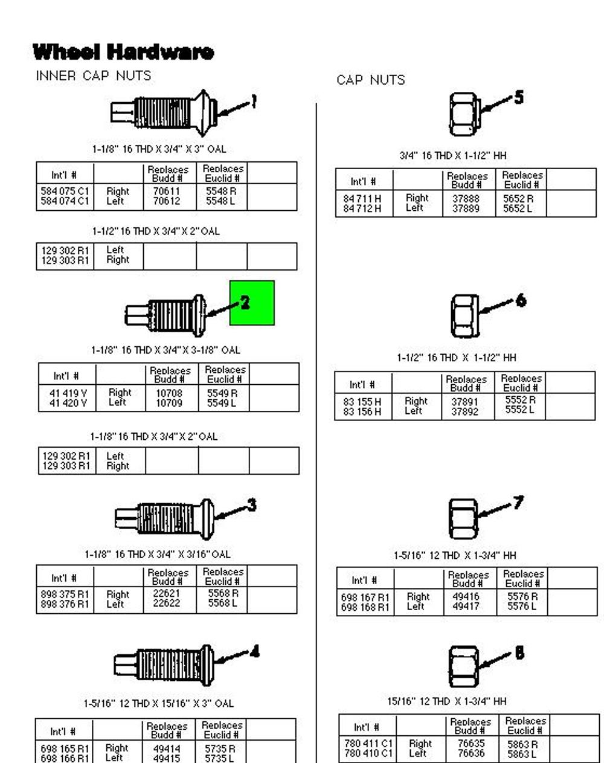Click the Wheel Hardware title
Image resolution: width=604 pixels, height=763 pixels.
(x=123, y=52)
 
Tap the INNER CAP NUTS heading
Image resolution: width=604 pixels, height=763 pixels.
(x=94, y=76)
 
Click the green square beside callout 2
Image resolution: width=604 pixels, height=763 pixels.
(x=252, y=303)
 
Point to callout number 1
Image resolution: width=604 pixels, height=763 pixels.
(x=254, y=102)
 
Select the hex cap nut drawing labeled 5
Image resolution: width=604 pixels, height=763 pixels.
(x=464, y=114)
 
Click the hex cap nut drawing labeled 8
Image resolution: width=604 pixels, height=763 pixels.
(x=463, y=666)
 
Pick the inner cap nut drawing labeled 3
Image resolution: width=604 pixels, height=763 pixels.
(x=164, y=518)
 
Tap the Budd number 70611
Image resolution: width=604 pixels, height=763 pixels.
(x=166, y=191)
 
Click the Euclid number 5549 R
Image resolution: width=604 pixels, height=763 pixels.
(x=222, y=393)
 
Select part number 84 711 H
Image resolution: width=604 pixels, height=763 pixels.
(x=362, y=199)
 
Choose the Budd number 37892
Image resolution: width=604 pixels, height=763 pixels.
(x=464, y=411)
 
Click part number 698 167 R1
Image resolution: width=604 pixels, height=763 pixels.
(x=365, y=597)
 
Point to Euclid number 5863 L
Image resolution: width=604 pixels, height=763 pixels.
(x=522, y=754)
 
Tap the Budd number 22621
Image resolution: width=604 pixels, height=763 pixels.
(x=166, y=593)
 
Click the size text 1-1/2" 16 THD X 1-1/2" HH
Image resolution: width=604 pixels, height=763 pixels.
(x=457, y=358)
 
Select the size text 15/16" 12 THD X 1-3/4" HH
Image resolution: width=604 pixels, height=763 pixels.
(x=447, y=701)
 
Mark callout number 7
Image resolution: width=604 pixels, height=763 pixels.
(x=518, y=503)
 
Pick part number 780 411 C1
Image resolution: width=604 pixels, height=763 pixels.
(x=368, y=743)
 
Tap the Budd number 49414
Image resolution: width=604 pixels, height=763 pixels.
(x=167, y=749)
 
